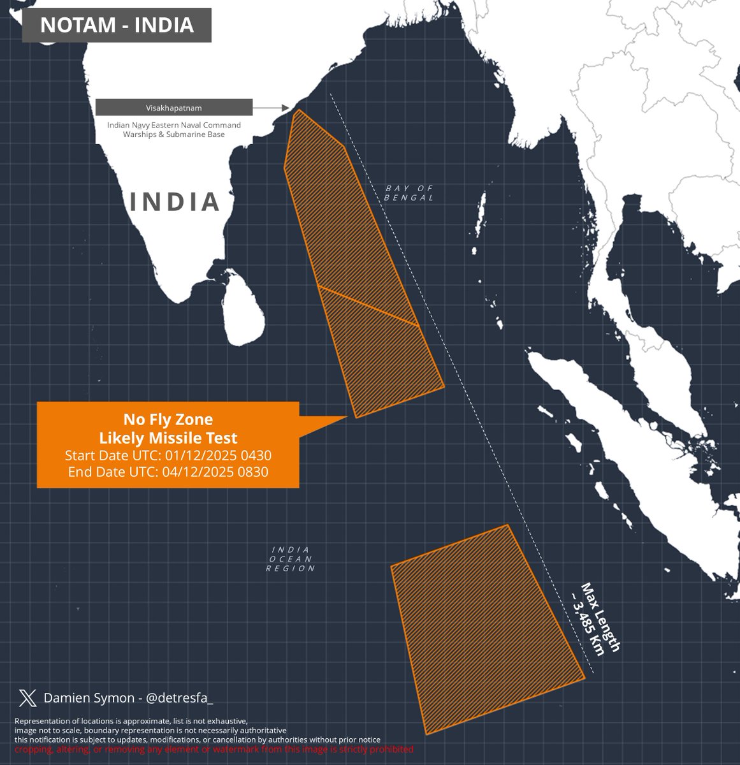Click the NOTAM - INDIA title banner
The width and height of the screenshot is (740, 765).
(x=117, y=25)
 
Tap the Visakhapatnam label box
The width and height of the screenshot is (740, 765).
(x=174, y=108)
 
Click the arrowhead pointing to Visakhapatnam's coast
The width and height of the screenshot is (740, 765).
(x=286, y=108)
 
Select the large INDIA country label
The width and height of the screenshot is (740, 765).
(x=175, y=201)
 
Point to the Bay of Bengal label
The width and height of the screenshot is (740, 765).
(x=409, y=193)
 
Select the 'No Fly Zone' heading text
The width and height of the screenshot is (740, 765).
(x=168, y=419)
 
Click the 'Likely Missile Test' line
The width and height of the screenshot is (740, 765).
(x=168, y=438)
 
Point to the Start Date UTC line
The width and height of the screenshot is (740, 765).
(x=168, y=456)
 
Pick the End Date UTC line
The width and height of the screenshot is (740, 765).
(x=168, y=472)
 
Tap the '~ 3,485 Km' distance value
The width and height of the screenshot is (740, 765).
(x=587, y=622)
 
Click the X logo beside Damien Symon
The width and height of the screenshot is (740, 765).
(x=28, y=698)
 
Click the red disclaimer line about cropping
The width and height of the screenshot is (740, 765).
(x=214, y=749)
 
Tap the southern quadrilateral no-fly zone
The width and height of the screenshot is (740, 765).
(x=484, y=628)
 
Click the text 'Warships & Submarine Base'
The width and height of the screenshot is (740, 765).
(x=174, y=135)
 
